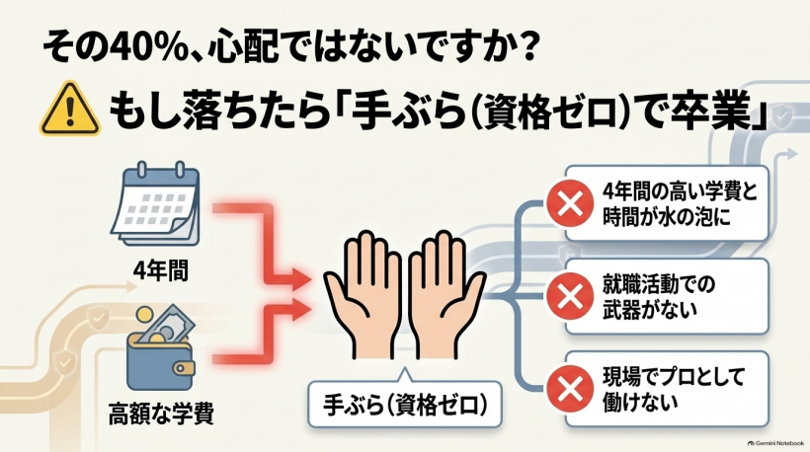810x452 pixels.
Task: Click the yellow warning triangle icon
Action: click(70, 110)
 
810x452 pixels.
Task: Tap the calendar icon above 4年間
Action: click(155, 204)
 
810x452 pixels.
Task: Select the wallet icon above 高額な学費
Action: click(161, 347)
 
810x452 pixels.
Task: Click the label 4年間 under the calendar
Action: click(161, 269)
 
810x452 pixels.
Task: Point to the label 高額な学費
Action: click(161, 413)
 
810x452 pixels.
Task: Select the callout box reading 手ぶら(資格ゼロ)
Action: click(404, 404)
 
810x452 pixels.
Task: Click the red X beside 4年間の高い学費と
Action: click(570, 203)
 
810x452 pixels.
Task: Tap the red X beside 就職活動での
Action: click(570, 296)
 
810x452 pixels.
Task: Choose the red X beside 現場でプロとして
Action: click(570, 389)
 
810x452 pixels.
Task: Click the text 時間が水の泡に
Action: click(667, 217)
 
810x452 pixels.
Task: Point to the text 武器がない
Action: click(649, 310)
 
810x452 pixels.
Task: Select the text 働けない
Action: click(640, 402)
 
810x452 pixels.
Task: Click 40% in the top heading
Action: click(144, 48)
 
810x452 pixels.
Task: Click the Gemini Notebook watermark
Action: click(775, 443)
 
